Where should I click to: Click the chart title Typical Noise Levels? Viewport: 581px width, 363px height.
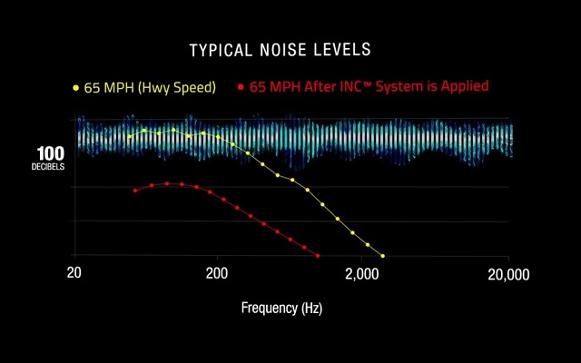coord(280,49)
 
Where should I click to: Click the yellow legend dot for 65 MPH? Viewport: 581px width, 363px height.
coord(75,88)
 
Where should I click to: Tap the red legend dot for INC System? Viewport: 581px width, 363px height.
coord(241,88)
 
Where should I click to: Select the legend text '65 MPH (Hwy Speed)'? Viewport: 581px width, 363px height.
coord(150,88)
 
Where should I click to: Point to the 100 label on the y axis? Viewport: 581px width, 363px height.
coord(50,153)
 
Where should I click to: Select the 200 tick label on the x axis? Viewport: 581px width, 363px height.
coord(216,274)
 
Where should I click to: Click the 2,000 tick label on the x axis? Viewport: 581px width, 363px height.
coord(361,274)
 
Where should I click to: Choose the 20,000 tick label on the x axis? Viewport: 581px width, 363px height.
coord(508,274)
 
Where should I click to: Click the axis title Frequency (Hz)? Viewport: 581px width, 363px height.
coord(281,308)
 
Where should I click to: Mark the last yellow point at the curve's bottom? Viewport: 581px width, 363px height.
coord(382,256)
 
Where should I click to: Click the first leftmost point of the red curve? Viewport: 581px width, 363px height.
coord(135,191)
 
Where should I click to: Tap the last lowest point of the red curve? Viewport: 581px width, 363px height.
coord(318,256)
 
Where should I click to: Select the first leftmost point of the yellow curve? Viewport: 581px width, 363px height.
coord(130,137)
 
